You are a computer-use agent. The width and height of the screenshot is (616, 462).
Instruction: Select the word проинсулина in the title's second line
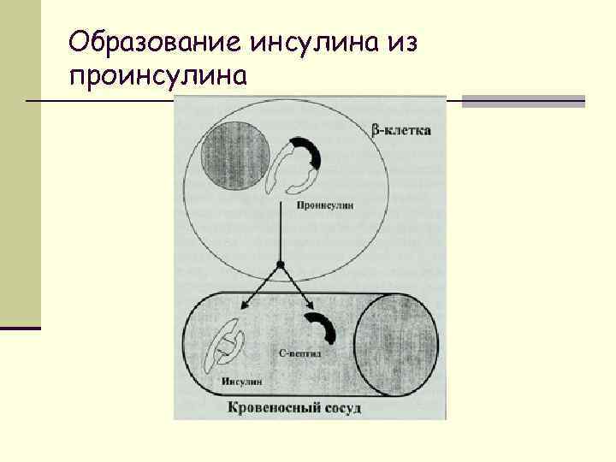click(x=159, y=78)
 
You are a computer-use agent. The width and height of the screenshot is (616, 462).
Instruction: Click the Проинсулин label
click(x=326, y=205)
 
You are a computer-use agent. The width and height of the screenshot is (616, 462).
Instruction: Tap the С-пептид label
click(x=301, y=352)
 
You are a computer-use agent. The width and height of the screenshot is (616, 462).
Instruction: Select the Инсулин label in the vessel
click(x=241, y=381)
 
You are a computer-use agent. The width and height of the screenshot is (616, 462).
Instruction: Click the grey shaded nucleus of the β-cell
click(x=234, y=156)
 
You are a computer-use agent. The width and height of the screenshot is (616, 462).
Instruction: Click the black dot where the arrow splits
click(x=281, y=263)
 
